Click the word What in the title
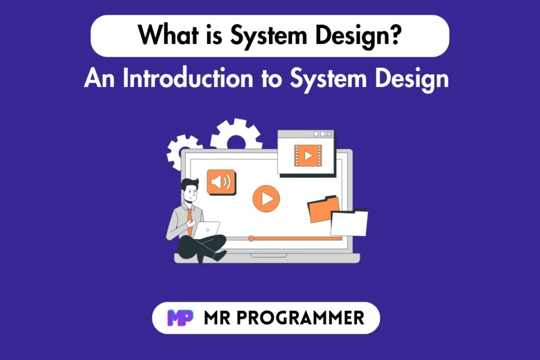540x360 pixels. tap(164, 35)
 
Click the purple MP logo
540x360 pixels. tap(181, 318)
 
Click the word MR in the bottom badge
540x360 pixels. tap(218, 318)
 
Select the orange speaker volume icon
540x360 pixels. tap(221, 182)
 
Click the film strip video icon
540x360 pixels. tap(308, 155)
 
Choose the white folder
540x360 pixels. tap(349, 223)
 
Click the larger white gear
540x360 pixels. tap(236, 137)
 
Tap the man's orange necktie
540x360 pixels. tap(189, 219)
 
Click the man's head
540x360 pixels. tap(189, 189)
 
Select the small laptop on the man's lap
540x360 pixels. tap(207, 230)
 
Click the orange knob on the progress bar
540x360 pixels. tap(251, 238)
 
